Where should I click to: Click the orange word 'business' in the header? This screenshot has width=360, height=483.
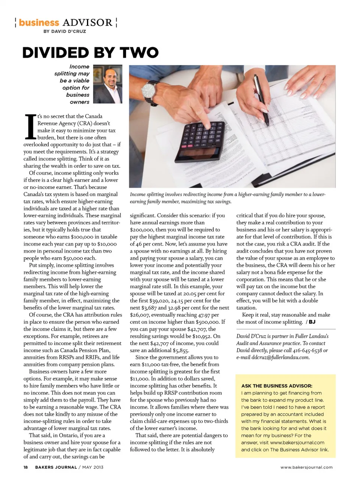[39, 23]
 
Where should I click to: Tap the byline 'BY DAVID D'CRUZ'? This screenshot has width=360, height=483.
[64, 31]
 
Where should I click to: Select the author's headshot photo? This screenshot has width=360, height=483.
[108, 84]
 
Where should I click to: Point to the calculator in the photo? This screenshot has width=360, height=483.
[199, 139]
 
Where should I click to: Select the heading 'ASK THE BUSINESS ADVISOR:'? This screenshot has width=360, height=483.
[277, 386]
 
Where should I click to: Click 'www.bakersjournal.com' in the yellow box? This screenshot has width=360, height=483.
[297, 442]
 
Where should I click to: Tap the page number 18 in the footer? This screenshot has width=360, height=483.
[26, 467]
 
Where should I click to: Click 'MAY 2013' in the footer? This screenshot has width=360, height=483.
[93, 467]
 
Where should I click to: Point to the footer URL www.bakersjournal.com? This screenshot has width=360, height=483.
[306, 467]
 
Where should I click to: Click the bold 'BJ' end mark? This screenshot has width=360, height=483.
[312, 322]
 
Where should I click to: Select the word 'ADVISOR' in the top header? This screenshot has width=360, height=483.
[87, 23]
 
